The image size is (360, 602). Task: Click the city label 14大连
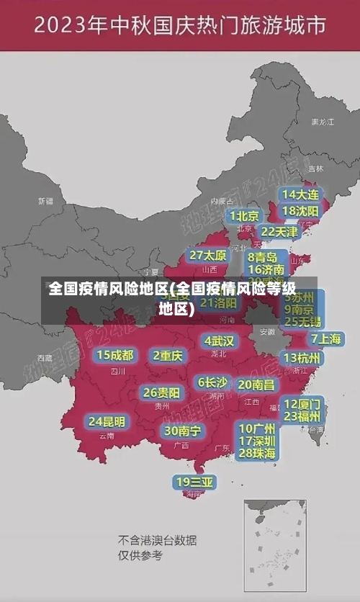(x=300, y=194)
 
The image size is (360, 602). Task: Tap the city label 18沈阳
(x=300, y=211)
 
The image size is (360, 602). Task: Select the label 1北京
(x=244, y=216)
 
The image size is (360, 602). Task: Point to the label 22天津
(x=279, y=232)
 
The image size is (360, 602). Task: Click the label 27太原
(x=208, y=256)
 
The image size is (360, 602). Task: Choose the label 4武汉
(x=219, y=341)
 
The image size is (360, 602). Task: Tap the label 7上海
(x=325, y=338)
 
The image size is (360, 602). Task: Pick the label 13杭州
(x=302, y=358)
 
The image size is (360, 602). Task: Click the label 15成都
(x=115, y=355)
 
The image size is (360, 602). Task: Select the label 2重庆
(x=168, y=356)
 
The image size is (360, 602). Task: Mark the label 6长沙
(x=212, y=382)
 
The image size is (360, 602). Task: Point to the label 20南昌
(x=256, y=385)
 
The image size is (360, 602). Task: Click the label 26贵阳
(x=161, y=393)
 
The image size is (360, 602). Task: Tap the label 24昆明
(x=107, y=421)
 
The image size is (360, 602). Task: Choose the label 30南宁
(x=183, y=431)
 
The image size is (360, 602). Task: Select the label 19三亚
(x=194, y=482)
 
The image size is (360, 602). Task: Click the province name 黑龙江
(x=323, y=122)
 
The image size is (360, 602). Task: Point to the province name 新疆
(x=46, y=201)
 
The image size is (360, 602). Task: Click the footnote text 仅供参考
(x=140, y=555)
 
